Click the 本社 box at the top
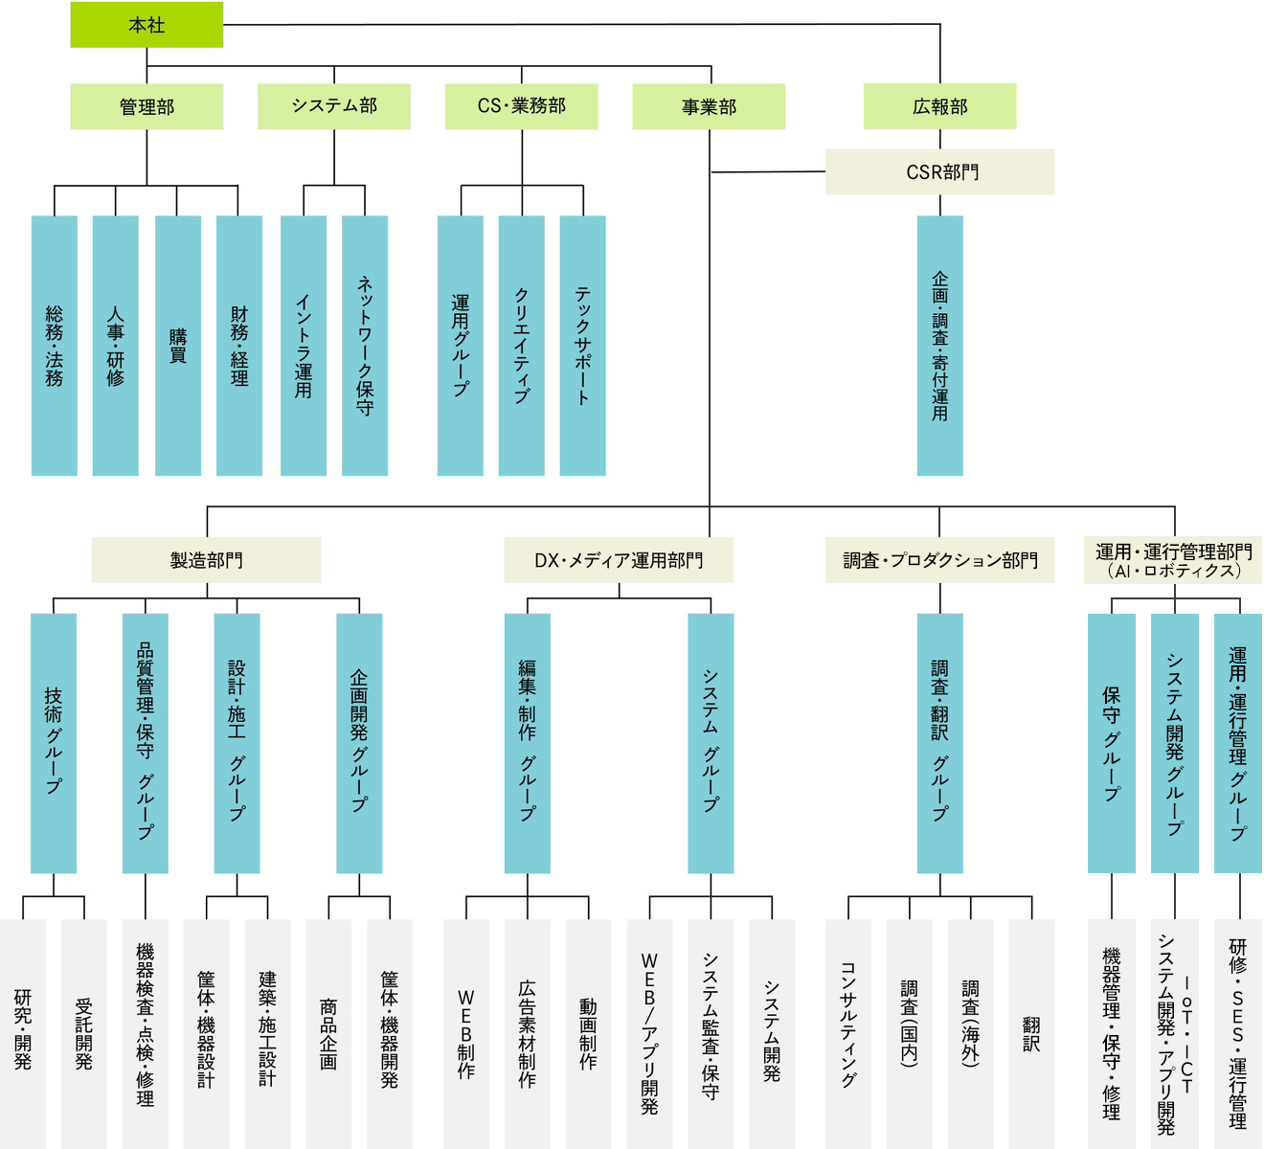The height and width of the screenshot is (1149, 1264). click(147, 25)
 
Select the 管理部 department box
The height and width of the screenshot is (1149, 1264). click(147, 106)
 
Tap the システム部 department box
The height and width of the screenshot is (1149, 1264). click(334, 106)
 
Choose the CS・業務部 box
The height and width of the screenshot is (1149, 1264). click(522, 106)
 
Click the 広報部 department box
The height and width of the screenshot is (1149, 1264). click(939, 106)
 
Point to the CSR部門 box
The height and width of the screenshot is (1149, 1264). click(939, 172)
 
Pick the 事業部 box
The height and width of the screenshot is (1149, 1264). click(709, 106)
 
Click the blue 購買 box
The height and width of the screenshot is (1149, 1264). click(177, 346)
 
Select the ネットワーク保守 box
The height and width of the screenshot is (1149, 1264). click(365, 346)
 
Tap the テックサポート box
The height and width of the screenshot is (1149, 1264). click(582, 346)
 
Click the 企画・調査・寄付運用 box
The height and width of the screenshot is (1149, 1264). click(939, 346)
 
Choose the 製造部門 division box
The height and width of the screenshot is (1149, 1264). click(206, 560)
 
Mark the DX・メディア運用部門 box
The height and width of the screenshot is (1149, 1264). click(619, 560)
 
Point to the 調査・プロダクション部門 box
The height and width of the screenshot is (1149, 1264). click(939, 560)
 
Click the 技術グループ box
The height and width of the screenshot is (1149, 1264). click(54, 743)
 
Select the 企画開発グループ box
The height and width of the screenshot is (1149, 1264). click(359, 743)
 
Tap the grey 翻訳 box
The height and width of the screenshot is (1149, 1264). click(1031, 1034)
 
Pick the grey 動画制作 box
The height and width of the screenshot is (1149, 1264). click(588, 1034)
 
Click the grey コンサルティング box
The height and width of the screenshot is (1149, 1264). click(848, 1034)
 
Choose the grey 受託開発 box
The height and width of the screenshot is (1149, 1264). click(84, 1034)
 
